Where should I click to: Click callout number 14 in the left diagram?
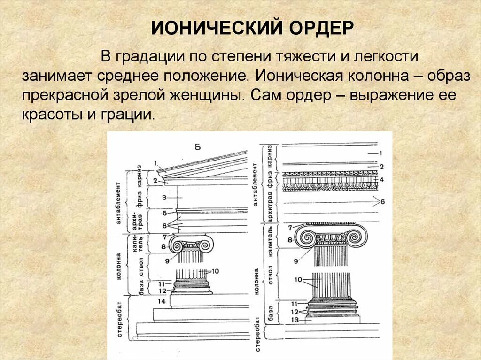pos(162,300)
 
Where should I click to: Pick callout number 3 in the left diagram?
pos(164,198)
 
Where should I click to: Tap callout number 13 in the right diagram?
pos(295,319)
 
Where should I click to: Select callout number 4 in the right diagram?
pos(382,179)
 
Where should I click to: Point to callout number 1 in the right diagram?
pos(381,153)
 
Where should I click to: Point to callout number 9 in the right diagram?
pos(296,260)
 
